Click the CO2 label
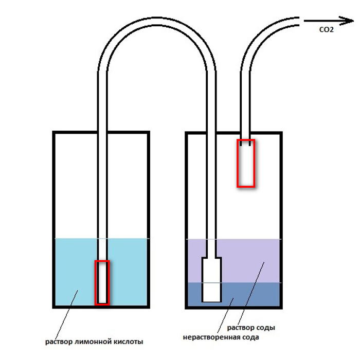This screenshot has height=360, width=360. tap(327, 30)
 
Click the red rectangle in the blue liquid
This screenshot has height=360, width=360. tap(102, 282)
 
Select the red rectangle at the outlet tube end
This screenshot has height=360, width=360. tap(245, 163)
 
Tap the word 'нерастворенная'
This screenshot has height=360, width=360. tap(212, 338)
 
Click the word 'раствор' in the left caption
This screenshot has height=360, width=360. tap(57, 341)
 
